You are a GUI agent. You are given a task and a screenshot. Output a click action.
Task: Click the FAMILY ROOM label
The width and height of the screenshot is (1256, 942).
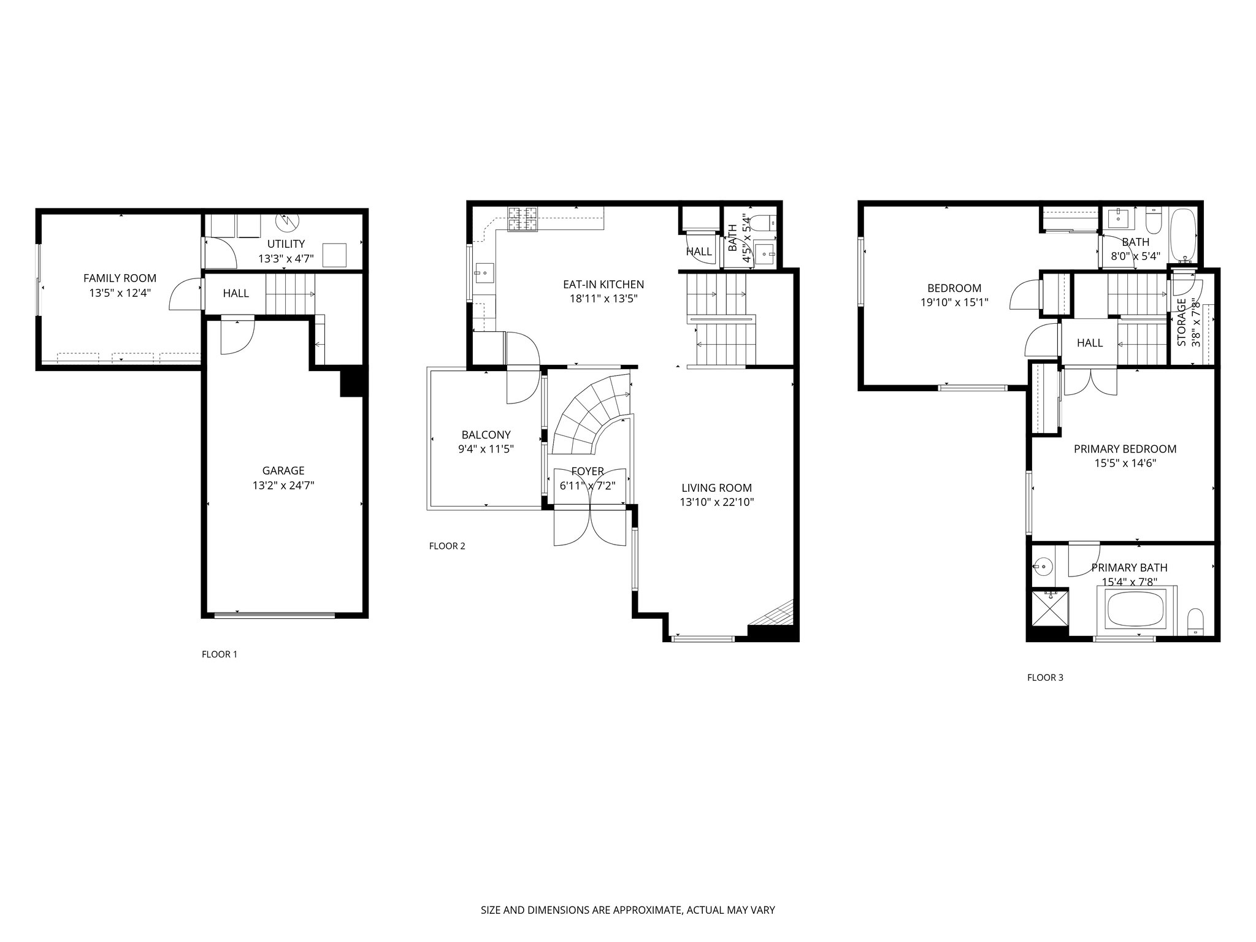point(120,278)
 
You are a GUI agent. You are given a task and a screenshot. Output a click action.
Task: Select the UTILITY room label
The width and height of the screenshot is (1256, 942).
point(286,244)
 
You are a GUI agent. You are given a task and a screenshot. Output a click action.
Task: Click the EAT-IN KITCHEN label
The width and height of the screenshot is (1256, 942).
point(603,285)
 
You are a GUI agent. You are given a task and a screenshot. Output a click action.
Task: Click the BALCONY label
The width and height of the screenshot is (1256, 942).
point(486,435)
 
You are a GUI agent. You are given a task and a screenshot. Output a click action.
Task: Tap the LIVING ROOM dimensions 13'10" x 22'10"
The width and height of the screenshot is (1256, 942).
point(716,503)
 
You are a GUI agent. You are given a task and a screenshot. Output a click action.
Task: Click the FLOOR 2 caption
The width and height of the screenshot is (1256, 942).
point(447,546)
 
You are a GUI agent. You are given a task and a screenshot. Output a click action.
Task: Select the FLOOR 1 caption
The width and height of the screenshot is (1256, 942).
point(220,654)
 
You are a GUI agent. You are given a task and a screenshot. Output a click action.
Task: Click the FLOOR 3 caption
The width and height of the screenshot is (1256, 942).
point(1045,678)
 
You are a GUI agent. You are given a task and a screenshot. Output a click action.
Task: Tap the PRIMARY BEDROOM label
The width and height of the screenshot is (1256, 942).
point(1125,449)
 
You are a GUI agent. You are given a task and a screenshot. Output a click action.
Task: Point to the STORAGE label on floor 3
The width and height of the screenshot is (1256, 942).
point(1181,323)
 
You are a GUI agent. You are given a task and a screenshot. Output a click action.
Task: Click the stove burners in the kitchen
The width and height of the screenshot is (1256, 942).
point(522,220)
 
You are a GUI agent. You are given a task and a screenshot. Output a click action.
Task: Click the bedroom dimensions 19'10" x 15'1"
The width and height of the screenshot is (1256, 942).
point(954,302)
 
